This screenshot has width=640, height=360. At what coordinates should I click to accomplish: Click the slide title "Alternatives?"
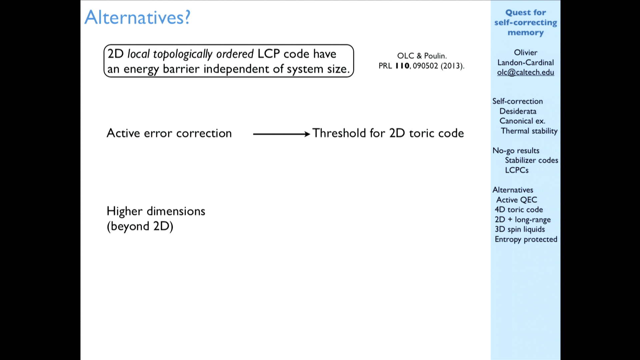point(137,17)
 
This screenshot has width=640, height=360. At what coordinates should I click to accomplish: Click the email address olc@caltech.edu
point(525,72)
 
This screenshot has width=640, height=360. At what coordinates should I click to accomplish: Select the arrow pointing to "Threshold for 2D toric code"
point(282,134)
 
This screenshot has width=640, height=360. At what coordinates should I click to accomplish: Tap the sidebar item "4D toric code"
point(519,209)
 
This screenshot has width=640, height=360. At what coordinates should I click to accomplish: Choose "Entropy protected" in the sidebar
point(526,239)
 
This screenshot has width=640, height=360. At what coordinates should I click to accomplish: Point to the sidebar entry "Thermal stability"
point(529,131)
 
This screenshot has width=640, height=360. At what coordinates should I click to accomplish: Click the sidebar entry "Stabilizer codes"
point(531,160)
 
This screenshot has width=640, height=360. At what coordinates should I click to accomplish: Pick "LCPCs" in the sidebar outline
point(517,170)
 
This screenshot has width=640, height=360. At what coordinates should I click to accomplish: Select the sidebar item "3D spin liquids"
point(520,229)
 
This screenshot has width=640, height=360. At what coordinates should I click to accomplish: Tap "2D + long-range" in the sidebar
point(523,220)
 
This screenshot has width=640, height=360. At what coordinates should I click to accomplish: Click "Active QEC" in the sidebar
point(517,200)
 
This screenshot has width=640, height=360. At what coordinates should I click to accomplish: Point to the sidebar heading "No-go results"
point(516,151)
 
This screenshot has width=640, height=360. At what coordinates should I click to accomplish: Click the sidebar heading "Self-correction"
point(517,101)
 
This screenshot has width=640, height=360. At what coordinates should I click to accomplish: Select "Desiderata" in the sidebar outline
point(518,111)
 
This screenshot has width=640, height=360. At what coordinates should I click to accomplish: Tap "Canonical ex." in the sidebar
point(522,121)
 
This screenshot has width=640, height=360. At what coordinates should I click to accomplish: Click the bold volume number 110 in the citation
point(402,66)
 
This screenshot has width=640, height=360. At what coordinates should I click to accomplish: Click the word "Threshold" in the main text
point(339,133)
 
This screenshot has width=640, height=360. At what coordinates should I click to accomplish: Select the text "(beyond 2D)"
point(140,227)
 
